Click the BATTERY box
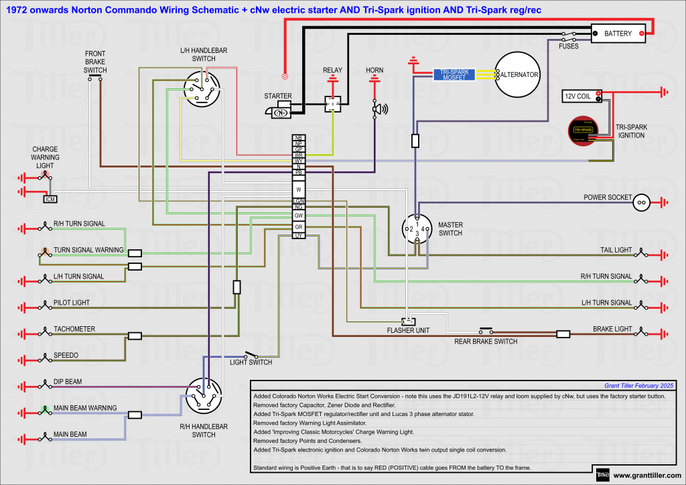point(618,33)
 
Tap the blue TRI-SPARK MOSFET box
point(454,74)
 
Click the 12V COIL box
point(577,96)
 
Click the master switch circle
point(417,229)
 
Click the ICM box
point(50,199)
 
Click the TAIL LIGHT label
point(616,251)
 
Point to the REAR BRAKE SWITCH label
point(486,342)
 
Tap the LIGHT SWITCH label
point(251,362)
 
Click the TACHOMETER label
point(74,329)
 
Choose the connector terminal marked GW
point(299,215)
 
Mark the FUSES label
point(569,46)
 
